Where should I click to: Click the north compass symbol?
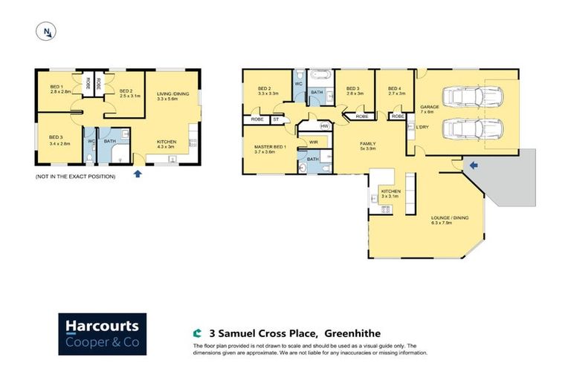[47, 31]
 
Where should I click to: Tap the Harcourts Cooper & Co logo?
[103, 334]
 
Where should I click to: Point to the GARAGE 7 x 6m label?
[430, 110]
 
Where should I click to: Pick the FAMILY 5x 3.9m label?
[367, 145]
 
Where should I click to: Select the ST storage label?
[276, 119]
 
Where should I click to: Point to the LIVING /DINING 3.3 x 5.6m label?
[171, 96]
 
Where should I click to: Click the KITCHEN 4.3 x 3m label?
[167, 144]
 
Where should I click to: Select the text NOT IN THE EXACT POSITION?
[75, 177]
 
